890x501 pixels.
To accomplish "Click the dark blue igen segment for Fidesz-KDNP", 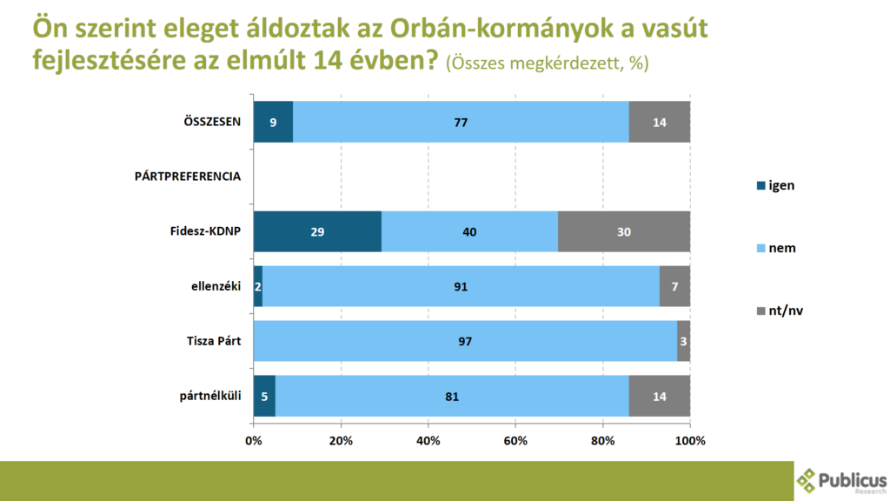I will click(x=317, y=232).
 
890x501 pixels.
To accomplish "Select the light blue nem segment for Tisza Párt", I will click(x=465, y=341).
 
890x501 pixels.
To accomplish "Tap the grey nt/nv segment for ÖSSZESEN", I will click(x=659, y=122).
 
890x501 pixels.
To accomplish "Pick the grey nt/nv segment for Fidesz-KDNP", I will click(x=624, y=232).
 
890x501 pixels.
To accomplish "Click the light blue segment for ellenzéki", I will click(x=461, y=286).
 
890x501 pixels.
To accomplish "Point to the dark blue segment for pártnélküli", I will click(x=264, y=397).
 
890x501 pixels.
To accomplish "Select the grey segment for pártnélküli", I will click(x=659, y=397).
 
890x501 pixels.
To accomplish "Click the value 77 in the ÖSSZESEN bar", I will click(x=461, y=123).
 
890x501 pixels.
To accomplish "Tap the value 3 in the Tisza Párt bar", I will click(x=683, y=342).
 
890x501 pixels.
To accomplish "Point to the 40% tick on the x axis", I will click(x=428, y=440).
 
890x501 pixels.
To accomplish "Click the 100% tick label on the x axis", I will click(x=690, y=440).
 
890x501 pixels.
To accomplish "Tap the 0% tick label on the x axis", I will click(x=254, y=440).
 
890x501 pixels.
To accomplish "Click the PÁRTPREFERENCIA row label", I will click(x=188, y=177).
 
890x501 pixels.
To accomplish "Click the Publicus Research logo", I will click(x=841, y=481).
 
